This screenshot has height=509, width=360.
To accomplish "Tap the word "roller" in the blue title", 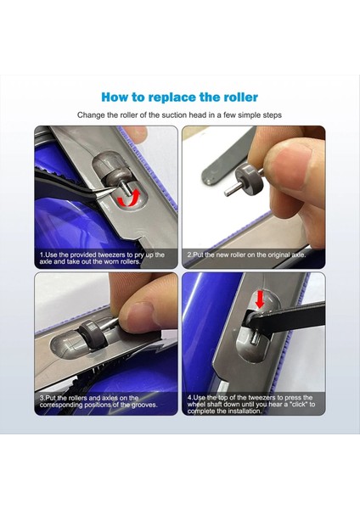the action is pyautogui.click(x=241, y=97).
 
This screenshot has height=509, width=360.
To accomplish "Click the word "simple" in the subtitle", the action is pyautogui.click(x=248, y=115).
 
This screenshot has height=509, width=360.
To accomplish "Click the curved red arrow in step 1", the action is pyautogui.click(x=129, y=199).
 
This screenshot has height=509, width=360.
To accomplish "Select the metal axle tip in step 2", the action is pyautogui.click(x=228, y=193).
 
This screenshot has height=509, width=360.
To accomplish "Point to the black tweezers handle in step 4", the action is pyautogui.click(x=286, y=319).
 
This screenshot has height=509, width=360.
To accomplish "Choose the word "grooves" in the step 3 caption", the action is pyautogui.click(x=143, y=405).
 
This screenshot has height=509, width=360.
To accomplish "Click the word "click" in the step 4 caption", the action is pyautogui.click(x=299, y=405).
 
